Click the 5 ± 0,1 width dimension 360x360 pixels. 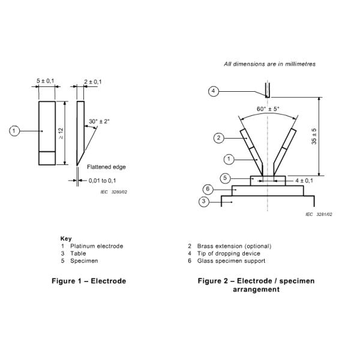coord(46,81)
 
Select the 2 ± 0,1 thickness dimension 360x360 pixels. coord(93,82)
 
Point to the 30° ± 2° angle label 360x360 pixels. coord(99,121)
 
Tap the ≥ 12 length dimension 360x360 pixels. coord(61,133)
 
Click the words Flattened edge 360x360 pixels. coord(106,167)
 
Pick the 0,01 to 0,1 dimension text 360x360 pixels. coord(102,181)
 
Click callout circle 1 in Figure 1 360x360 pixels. coord(14,131)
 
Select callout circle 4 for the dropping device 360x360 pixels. coord(213,91)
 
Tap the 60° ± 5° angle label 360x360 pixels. coord(268,109)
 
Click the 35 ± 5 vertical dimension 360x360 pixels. coord(314,136)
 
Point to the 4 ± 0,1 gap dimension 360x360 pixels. coord(304,181)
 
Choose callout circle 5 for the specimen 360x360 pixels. coord(225,178)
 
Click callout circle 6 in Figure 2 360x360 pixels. coord(208,189)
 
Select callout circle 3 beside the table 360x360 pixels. coord(203,202)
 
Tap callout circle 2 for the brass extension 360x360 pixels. coord(218,138)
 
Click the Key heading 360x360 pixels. coord(66,239)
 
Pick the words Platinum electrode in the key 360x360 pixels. coord(97,246)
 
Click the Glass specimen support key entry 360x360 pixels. coord(231,261)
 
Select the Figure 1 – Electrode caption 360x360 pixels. coord(89,281)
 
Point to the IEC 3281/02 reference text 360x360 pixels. coord(319,214)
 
